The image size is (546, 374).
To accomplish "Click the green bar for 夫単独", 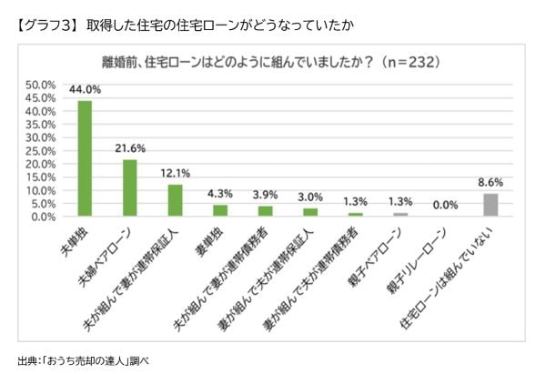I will point(85,158).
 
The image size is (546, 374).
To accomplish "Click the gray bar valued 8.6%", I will point(490,206).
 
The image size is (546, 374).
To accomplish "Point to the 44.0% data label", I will point(85,90).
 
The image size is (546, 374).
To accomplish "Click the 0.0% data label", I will point(446,206).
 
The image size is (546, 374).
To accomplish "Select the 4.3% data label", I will point(220,194).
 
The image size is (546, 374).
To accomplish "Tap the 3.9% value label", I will point(265,195).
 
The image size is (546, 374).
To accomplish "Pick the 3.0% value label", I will point(310,197).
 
